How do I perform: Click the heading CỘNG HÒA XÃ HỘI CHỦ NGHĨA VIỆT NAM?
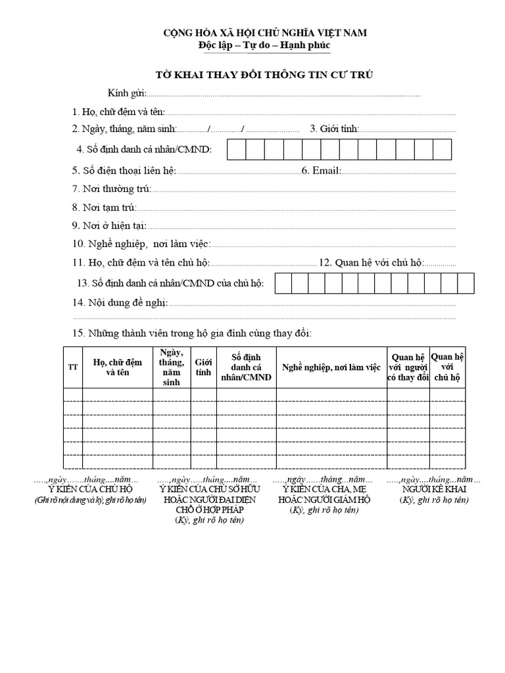pos(264,33)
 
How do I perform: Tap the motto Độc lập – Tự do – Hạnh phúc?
pos(264,45)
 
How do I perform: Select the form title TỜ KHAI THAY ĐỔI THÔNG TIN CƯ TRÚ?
pos(264,74)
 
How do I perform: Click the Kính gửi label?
pos(128,93)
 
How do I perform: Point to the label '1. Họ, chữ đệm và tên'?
pos(119,112)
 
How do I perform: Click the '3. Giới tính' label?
pos(334,129)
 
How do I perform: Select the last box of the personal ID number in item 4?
pos(443,150)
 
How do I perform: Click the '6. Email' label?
pos(322,171)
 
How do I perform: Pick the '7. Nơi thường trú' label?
pos(112,189)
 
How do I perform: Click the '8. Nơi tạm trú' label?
pos(105,207)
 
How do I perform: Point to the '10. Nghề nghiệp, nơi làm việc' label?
pos(141,244)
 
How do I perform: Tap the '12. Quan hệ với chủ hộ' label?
pos(371,262)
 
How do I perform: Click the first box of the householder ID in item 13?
pos(283,283)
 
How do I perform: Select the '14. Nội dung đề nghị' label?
pos(120,303)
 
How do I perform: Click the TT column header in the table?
pos(73,367)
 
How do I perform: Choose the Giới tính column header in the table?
pos(204,367)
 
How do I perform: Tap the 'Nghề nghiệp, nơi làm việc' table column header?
pos(331,367)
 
